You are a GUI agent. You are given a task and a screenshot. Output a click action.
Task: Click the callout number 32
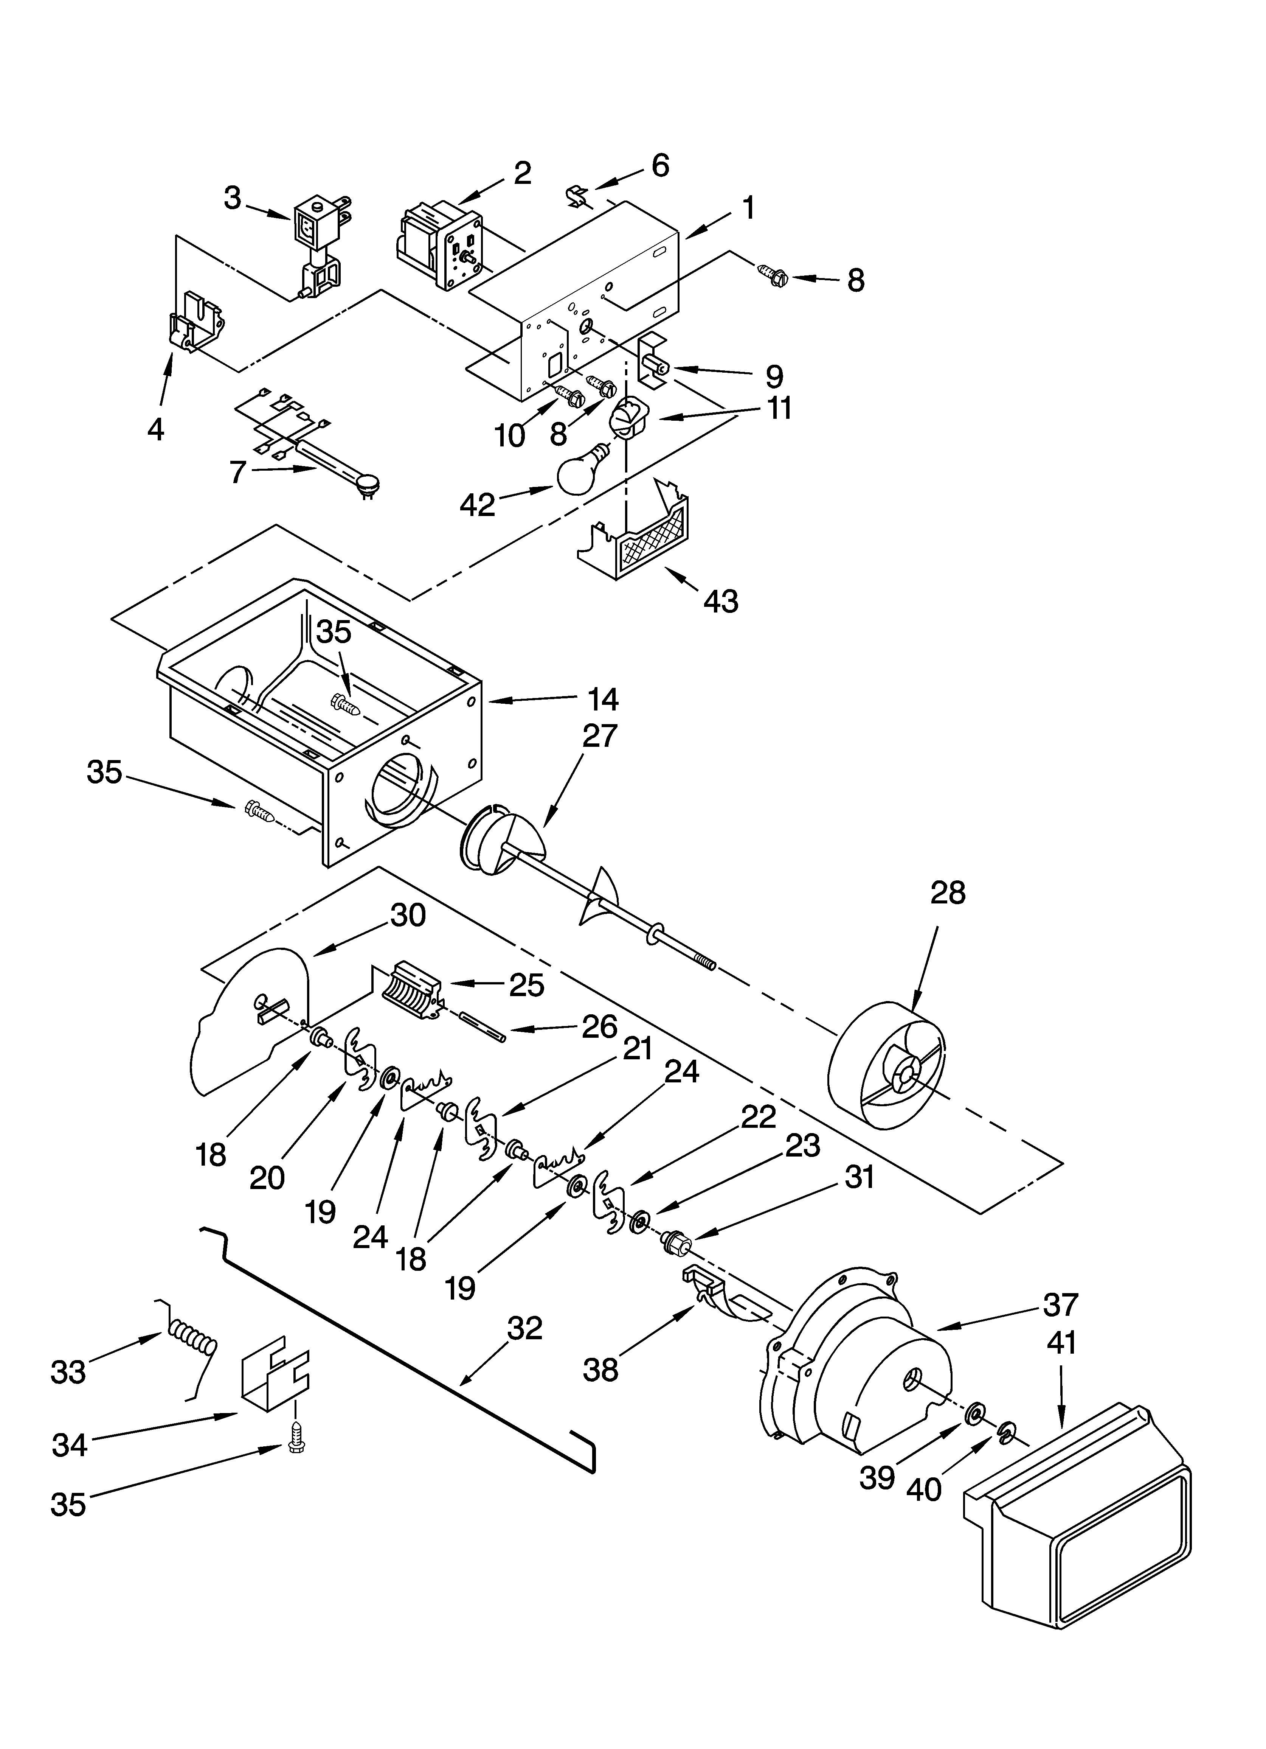[525, 1328]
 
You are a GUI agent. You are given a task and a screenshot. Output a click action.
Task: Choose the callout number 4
[156, 429]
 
